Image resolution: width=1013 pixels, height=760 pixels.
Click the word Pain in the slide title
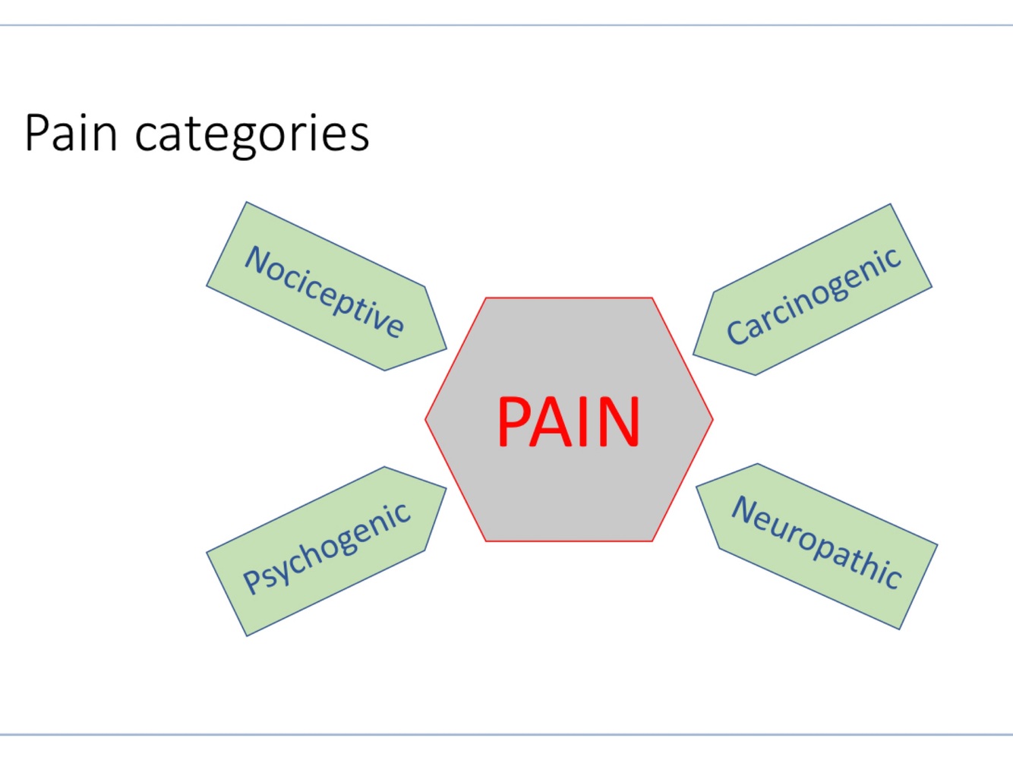[x=71, y=134]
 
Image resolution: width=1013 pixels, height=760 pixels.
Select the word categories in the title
[x=251, y=135]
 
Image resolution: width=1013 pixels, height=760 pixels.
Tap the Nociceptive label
[x=324, y=291]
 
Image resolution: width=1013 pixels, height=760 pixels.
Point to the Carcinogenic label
[x=813, y=295]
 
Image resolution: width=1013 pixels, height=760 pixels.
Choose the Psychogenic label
[x=327, y=548]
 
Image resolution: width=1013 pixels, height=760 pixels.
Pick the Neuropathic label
[x=816, y=541]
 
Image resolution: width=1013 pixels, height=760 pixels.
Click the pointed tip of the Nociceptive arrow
[x=446, y=348]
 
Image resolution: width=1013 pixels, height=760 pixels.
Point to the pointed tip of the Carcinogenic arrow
[x=694, y=355]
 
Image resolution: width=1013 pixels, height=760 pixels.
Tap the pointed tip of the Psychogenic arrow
[x=446, y=489]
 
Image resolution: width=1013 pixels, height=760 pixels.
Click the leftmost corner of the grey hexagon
[x=426, y=419]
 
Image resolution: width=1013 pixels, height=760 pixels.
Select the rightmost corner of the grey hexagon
[x=712, y=419]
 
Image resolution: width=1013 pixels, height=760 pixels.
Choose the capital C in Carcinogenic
[x=737, y=333]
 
